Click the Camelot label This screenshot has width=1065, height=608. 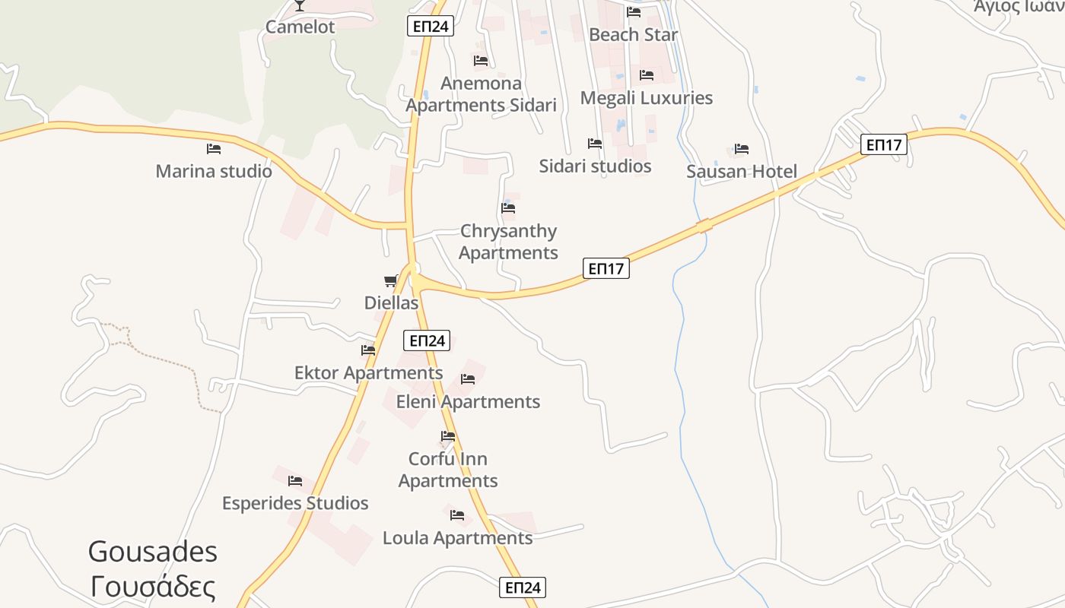[x=300, y=27]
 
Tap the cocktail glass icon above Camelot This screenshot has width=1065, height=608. [x=300, y=5]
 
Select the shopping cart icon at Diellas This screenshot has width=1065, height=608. [x=391, y=281]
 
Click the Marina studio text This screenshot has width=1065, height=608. [x=214, y=171]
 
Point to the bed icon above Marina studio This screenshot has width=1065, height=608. [x=214, y=149]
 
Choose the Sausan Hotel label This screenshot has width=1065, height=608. [x=742, y=172]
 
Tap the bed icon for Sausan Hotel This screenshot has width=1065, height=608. [x=742, y=149]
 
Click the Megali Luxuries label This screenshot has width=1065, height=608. [x=647, y=98]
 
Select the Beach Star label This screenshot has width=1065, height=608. [x=633, y=35]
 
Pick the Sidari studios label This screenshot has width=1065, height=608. [x=595, y=166]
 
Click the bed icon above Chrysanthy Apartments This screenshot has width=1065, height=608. [x=508, y=208]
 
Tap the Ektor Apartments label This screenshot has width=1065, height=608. [x=368, y=373]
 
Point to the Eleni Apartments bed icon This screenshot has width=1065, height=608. [x=468, y=379]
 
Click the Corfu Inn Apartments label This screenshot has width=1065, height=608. [x=448, y=470]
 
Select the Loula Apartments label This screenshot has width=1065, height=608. [x=457, y=538]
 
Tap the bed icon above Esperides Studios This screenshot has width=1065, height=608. [x=295, y=481]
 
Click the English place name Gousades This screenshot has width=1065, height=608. [x=153, y=551]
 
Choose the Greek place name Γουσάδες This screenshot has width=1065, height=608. [x=153, y=587]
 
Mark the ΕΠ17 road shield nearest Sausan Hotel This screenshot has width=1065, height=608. [x=884, y=144]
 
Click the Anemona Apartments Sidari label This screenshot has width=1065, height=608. [x=481, y=94]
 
